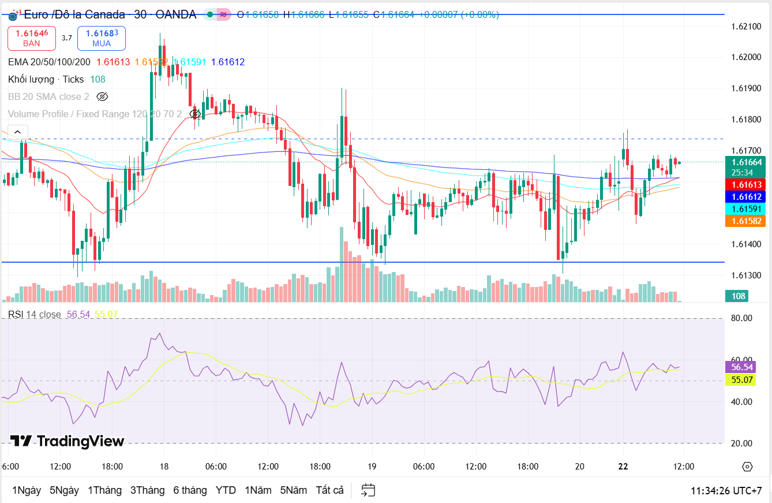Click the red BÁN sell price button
pyautogui.click(x=32, y=38)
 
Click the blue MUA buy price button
pyautogui.click(x=102, y=38)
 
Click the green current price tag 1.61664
pyautogui.click(x=747, y=162)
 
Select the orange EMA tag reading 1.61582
pyautogui.click(x=747, y=221)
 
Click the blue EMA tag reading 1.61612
pyautogui.click(x=747, y=196)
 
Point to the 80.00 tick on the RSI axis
pyautogui.click(x=741, y=318)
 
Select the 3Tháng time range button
pyautogui.click(x=147, y=490)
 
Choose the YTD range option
pyautogui.click(x=226, y=490)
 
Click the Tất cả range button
pyautogui.click(x=329, y=490)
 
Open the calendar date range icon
pyautogui.click(x=368, y=490)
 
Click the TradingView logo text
pyautogui.click(x=68, y=441)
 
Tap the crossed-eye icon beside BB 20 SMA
pyautogui.click(x=102, y=96)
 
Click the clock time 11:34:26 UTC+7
pyautogui.click(x=726, y=491)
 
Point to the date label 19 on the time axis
pyautogui.click(x=372, y=467)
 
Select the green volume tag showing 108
pyautogui.click(x=738, y=296)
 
